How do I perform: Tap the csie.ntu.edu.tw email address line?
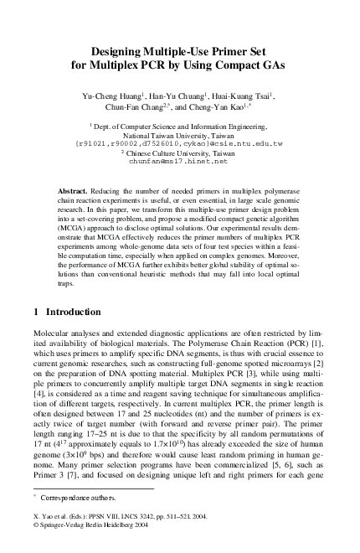[x=180, y=142]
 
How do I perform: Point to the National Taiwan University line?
[x=180, y=134]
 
